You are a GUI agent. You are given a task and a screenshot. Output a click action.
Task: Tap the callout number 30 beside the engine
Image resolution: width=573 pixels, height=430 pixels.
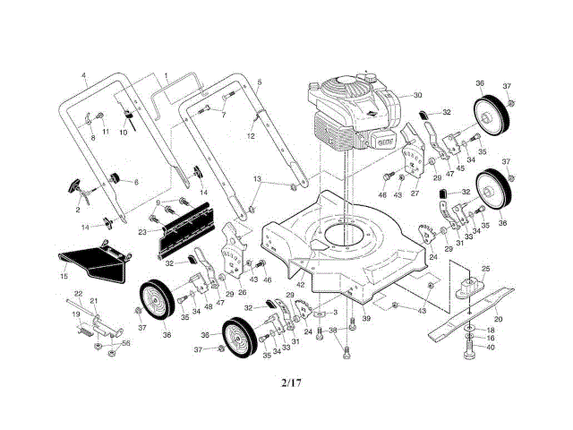click(x=417, y=95)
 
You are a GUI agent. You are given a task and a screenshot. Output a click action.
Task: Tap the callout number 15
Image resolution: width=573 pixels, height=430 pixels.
click(x=64, y=277)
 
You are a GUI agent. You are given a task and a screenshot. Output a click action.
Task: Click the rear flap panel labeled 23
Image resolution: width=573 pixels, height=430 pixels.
click(x=189, y=227)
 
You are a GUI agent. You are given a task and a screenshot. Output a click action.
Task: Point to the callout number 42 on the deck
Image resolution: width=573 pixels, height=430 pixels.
click(x=301, y=285)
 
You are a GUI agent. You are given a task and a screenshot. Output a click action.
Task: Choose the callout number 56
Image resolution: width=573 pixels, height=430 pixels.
click(x=126, y=343)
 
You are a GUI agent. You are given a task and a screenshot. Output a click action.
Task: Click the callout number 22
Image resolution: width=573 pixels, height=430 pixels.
click(x=78, y=295)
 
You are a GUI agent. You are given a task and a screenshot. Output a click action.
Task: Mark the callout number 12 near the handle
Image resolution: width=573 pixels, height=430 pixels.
click(x=252, y=135)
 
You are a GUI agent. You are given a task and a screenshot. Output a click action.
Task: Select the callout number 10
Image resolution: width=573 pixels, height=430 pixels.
click(x=124, y=133)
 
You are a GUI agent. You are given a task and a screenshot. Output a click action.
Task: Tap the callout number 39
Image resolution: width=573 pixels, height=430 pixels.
click(x=366, y=319)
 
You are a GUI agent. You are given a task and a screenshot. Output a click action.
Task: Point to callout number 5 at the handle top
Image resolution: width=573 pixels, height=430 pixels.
click(x=259, y=82)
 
